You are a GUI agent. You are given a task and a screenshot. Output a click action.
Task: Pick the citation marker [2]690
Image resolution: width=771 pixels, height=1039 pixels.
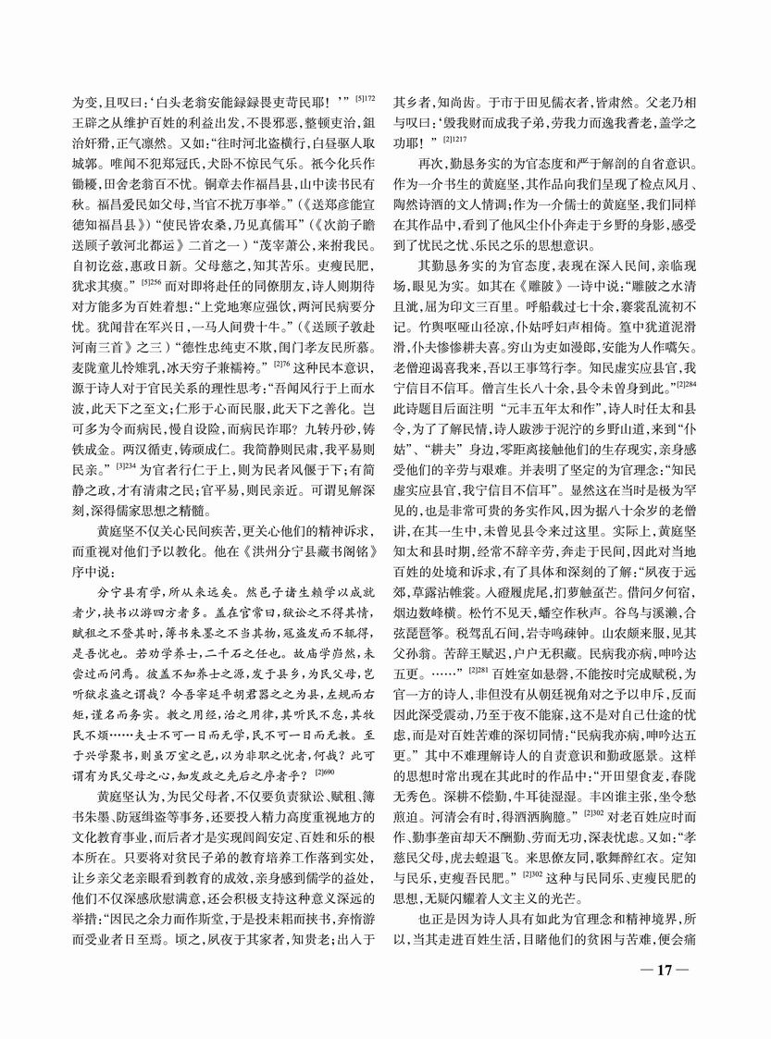pyautogui.click(x=323, y=768)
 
